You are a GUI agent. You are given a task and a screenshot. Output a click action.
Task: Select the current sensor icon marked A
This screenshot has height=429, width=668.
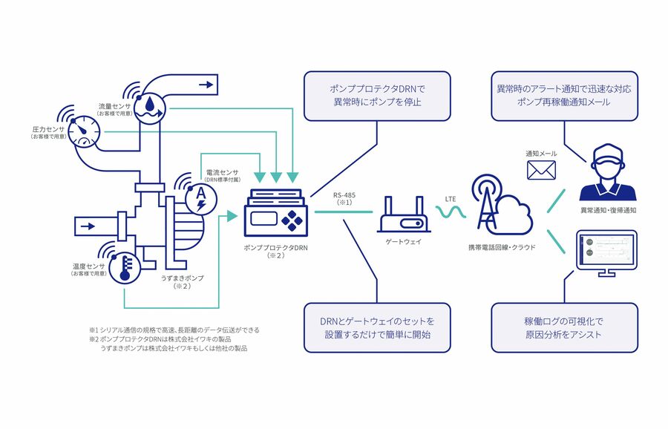click(x=200, y=196)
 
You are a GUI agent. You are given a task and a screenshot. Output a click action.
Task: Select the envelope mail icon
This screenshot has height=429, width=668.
click(x=541, y=171)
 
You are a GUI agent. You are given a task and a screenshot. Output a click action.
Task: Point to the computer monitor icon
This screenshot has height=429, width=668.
click(x=606, y=252)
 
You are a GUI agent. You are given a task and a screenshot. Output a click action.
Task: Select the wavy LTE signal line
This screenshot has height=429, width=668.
click(x=451, y=213)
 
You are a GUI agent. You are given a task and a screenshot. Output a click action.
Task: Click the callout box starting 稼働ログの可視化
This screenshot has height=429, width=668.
click(x=564, y=328)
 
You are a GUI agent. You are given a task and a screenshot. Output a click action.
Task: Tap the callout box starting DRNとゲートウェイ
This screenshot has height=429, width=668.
click(x=377, y=327)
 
